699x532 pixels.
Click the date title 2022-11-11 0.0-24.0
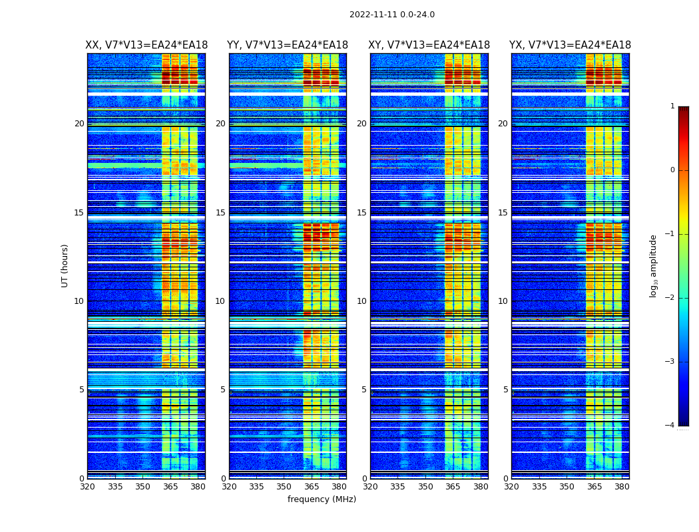point(392,15)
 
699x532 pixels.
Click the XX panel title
point(146,45)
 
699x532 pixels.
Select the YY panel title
point(288,45)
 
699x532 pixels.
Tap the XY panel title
point(429,45)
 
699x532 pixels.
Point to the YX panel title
point(571,45)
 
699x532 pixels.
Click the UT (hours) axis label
point(65,265)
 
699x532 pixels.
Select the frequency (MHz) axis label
point(322,499)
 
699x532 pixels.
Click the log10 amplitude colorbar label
point(654,265)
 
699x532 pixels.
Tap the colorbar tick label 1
point(672,106)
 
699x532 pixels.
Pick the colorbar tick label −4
point(670,426)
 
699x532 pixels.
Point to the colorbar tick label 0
point(672,170)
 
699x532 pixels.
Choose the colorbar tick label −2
point(670,298)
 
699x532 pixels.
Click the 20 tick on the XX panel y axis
point(79,124)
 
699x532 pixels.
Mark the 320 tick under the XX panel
point(87,487)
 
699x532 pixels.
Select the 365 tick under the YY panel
point(312,487)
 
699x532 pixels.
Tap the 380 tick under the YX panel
point(622,487)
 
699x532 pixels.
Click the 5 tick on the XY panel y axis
point(364,390)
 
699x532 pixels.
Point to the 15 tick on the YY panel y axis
point(220,213)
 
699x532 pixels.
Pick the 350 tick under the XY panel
point(425,487)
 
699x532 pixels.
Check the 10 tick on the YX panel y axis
point(503,301)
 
